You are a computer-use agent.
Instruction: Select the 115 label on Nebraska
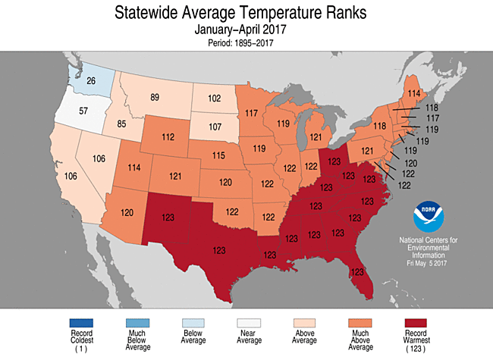(x=218, y=155)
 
